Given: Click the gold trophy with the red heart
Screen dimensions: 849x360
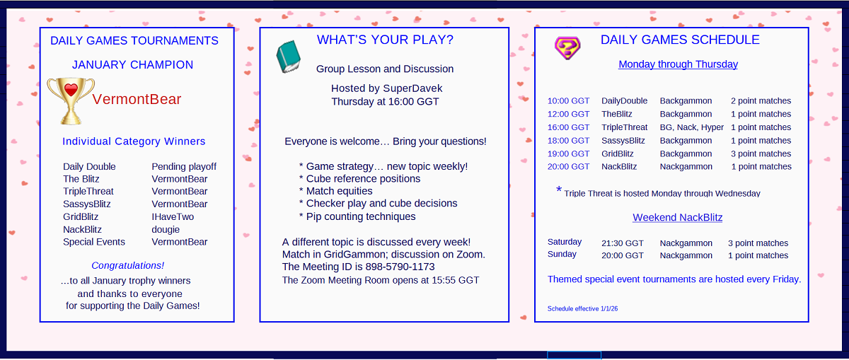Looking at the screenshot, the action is pyautogui.click(x=71, y=101).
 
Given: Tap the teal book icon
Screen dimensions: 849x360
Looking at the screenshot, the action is pyautogui.click(x=289, y=57).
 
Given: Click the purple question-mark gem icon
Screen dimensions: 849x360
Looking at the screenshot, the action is pyautogui.click(x=567, y=48).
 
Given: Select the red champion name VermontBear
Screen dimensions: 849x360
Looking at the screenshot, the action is pyautogui.click(x=137, y=99).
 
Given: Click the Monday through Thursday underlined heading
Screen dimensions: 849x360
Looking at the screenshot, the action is pyautogui.click(x=678, y=64).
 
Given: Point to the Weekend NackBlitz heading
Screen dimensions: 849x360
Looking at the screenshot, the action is pyautogui.click(x=677, y=218).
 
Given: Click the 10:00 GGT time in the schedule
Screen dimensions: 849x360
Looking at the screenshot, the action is pyautogui.click(x=568, y=101).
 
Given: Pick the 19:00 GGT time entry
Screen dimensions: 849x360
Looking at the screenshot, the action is pyautogui.click(x=568, y=154).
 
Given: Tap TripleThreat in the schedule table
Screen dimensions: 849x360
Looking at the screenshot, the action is pyautogui.click(x=624, y=127).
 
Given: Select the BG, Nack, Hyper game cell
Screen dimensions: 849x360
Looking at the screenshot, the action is pyautogui.click(x=692, y=127).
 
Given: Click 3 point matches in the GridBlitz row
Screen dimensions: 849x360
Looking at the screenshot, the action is pyautogui.click(x=761, y=154).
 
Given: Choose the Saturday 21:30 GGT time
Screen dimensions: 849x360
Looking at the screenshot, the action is pyautogui.click(x=623, y=243).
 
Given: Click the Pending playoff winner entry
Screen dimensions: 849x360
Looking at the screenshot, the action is pyautogui.click(x=184, y=167).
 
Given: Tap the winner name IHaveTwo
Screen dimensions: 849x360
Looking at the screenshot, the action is pyautogui.click(x=173, y=216).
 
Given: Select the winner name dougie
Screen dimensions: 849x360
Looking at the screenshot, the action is pyautogui.click(x=166, y=230).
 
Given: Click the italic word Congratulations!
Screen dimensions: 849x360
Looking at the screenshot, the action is pyautogui.click(x=128, y=266).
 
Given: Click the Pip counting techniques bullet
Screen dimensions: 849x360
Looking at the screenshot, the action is pyautogui.click(x=357, y=216).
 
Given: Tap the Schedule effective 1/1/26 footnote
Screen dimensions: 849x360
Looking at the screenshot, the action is pyautogui.click(x=582, y=309).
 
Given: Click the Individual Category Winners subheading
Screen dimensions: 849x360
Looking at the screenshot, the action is pyautogui.click(x=134, y=141).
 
